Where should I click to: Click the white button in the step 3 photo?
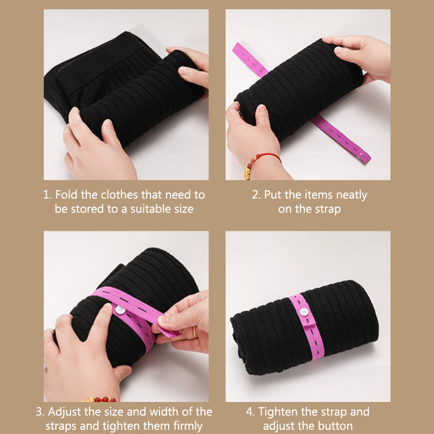[x=120, y=310]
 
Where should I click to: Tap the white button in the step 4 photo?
[x=304, y=312]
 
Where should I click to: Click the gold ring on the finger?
[x=195, y=332]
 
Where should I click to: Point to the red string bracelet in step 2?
[x=265, y=158]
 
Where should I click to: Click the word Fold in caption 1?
[x=66, y=195]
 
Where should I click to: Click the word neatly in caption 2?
[x=352, y=195]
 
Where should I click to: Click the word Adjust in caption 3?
[x=64, y=412]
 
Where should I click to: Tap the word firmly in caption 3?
[x=188, y=426]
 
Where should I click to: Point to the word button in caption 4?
[x=336, y=426]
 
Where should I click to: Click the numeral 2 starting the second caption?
[x=255, y=195]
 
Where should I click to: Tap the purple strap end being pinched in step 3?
[x=169, y=331]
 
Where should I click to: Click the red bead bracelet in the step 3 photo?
[x=99, y=399]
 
